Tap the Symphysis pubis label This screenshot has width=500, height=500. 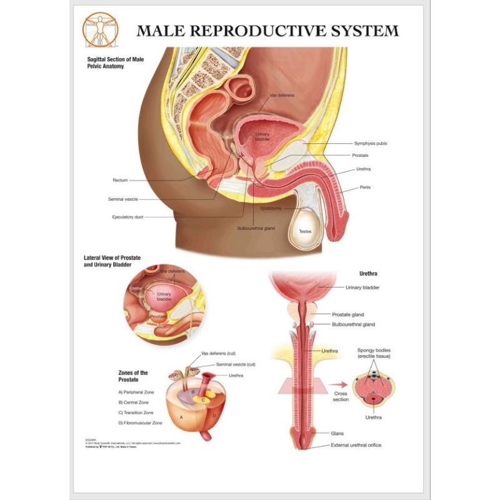(x=371, y=143)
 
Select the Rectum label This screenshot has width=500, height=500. (x=120, y=180)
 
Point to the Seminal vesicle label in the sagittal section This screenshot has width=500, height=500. (x=122, y=199)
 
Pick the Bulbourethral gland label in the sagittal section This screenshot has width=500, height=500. (x=256, y=228)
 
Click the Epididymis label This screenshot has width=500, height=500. (x=271, y=207)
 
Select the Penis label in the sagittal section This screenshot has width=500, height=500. (x=365, y=187)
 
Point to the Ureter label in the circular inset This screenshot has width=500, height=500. (x=137, y=288)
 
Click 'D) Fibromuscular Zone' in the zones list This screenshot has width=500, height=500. (x=140, y=423)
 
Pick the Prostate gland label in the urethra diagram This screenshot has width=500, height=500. (x=348, y=314)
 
